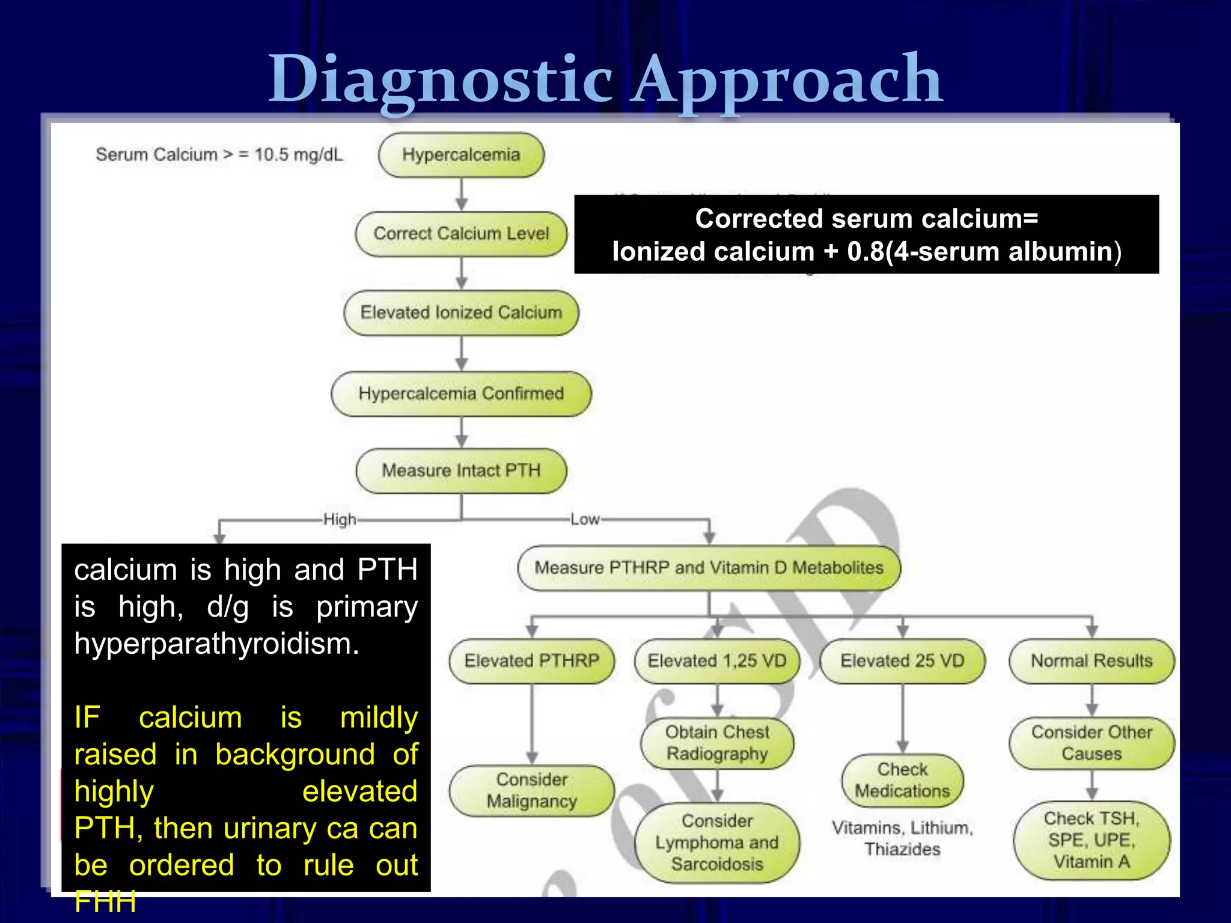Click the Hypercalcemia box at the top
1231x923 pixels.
coord(461,155)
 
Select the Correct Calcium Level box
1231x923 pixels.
coord(461,234)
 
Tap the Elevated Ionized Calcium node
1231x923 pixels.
coord(461,312)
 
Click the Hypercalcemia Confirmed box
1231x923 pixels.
coord(461,394)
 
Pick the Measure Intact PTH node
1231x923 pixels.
coord(461,471)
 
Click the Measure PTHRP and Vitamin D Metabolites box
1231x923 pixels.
coord(709,568)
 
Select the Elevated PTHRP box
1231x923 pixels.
coord(531,661)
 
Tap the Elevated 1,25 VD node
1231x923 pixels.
coord(716,661)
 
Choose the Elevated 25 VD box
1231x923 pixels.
coord(902,661)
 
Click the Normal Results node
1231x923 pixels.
coord(1092,661)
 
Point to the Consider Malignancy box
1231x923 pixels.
coord(531,790)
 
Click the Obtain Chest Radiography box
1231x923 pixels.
coord(716,743)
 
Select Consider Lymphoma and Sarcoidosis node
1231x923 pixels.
coord(716,842)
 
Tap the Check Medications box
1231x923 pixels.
coord(902,780)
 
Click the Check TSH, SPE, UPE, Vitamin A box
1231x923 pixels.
coord(1092,840)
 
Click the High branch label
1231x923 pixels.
coord(340,519)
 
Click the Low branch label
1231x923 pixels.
coord(585,519)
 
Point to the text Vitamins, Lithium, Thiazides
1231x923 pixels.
coord(902,838)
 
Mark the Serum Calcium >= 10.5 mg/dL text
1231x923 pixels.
coord(219,155)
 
